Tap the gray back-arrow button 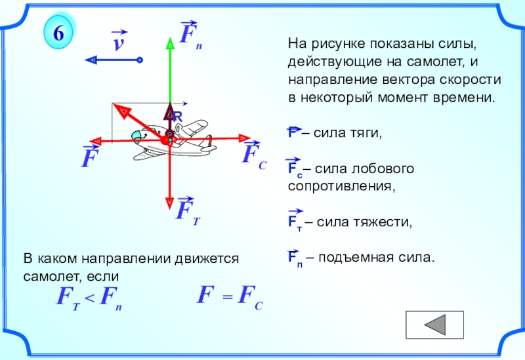[x=434, y=325]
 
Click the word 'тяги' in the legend [x=363, y=133]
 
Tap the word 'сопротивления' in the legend [x=340, y=186]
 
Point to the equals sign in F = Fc [x=226, y=298]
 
